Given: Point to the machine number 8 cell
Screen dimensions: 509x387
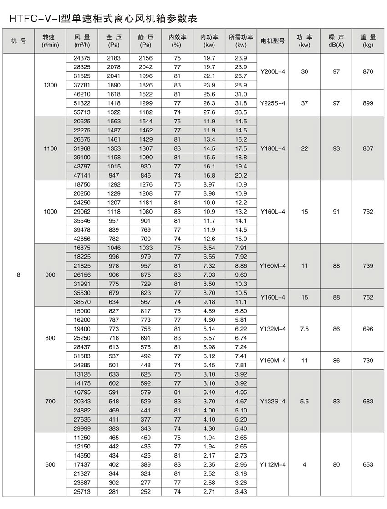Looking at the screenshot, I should click(18, 275).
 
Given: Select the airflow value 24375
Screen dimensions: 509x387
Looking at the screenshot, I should click(82, 58).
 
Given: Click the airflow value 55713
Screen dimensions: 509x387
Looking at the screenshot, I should click(82, 112).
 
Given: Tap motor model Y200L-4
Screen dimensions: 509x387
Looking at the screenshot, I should click(273, 72).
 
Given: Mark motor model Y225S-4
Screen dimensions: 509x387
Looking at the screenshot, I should click(273, 103).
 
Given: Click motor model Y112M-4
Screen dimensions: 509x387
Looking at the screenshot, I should click(273, 465).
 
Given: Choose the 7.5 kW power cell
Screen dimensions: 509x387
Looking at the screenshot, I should click(304, 329).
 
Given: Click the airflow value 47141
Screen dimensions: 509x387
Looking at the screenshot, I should click(82, 176).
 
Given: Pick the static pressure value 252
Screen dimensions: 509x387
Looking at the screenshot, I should click(146, 492).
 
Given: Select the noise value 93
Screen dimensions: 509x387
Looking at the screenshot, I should click(336, 148).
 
